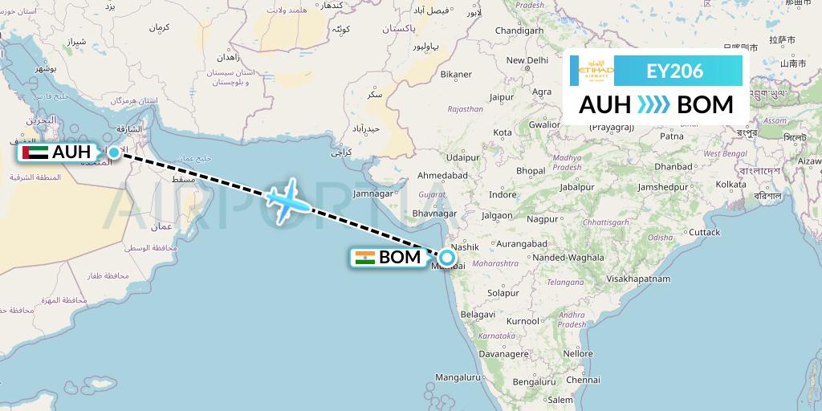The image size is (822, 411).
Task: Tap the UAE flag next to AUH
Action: pos(35,152)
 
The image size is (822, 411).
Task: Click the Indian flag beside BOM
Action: pos(364,258)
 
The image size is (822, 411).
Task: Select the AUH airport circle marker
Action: pos(114,152)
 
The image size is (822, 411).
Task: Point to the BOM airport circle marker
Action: pos(446,258)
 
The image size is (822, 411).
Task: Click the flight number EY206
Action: pos(674,71)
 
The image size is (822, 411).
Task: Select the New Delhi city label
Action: pos(526,60)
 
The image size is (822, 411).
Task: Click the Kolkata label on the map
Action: pos(730,185)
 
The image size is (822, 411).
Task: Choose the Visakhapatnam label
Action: pos(639,279)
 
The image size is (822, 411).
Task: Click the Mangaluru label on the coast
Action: pos(457,376)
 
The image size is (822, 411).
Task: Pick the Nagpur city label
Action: pos(543,218)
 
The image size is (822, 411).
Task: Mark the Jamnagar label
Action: pos(372,193)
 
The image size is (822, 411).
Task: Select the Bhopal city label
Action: pos(531,171)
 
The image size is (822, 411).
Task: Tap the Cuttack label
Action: pos(704,232)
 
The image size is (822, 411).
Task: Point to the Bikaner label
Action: pos(455,75)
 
